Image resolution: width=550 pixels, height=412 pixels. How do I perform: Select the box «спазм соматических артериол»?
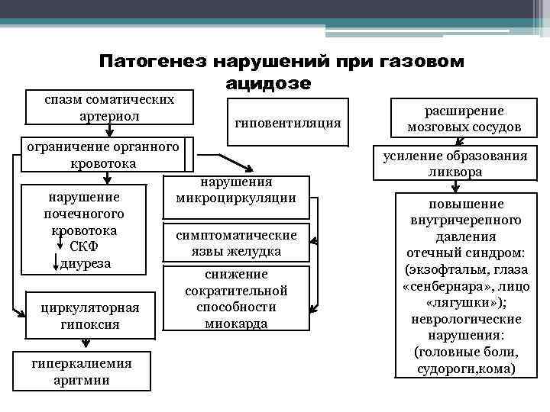click(108, 108)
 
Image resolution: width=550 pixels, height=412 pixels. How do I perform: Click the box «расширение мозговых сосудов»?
click(464, 118)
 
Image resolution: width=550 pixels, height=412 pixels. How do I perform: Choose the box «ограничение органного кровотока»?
click(102, 155)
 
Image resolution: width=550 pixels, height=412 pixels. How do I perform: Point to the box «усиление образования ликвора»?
click(464, 164)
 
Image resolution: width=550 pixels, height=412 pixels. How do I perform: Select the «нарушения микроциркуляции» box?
click(236, 191)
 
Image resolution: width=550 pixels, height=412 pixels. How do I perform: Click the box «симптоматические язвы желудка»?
click(236, 243)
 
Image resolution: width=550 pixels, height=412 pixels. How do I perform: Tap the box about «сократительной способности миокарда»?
click(236, 298)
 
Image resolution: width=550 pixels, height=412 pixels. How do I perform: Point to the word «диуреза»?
click(90, 264)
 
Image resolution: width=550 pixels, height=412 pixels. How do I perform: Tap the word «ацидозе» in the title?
click(269, 82)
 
